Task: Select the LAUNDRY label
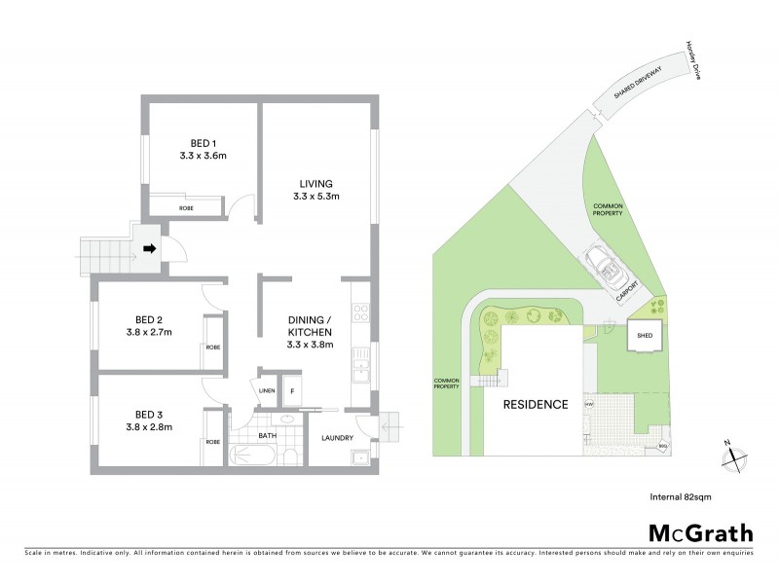pos(337,438)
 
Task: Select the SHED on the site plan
pos(645,337)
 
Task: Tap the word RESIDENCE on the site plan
pos(535,404)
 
